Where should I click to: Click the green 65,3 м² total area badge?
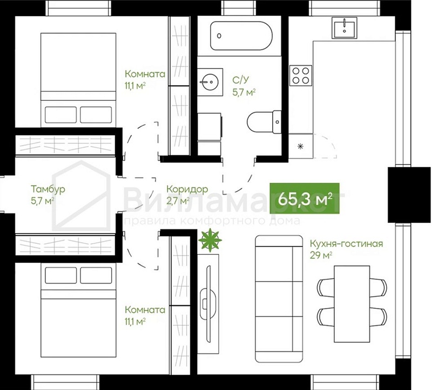click(305, 198)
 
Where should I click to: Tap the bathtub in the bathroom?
click(241, 36)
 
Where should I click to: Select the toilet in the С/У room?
click(264, 122)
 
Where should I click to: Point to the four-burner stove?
click(301, 76)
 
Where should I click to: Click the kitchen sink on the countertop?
click(345, 28)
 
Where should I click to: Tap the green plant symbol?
click(210, 240)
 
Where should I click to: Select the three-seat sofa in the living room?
click(279, 299)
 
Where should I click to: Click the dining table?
click(352, 304)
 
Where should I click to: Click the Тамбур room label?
click(48, 189)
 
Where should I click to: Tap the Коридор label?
click(187, 189)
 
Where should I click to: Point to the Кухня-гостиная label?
click(346, 244)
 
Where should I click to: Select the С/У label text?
click(240, 80)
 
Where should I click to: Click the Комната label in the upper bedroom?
click(145, 74)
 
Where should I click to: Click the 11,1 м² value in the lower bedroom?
click(135, 321)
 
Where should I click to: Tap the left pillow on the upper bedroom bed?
click(60, 115)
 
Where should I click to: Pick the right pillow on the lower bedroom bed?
click(96, 275)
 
